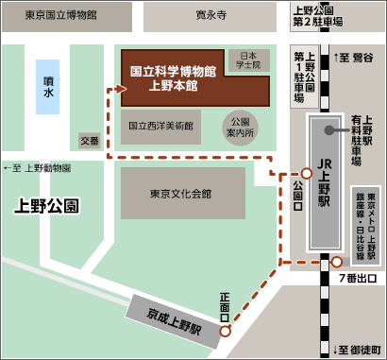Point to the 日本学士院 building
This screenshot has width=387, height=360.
(x=248, y=60)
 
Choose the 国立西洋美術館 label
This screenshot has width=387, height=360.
(x=160, y=124)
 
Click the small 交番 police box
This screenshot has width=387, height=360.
(x=89, y=141)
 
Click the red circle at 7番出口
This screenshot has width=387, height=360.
(x=337, y=262)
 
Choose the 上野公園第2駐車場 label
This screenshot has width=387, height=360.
(x=316, y=15)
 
